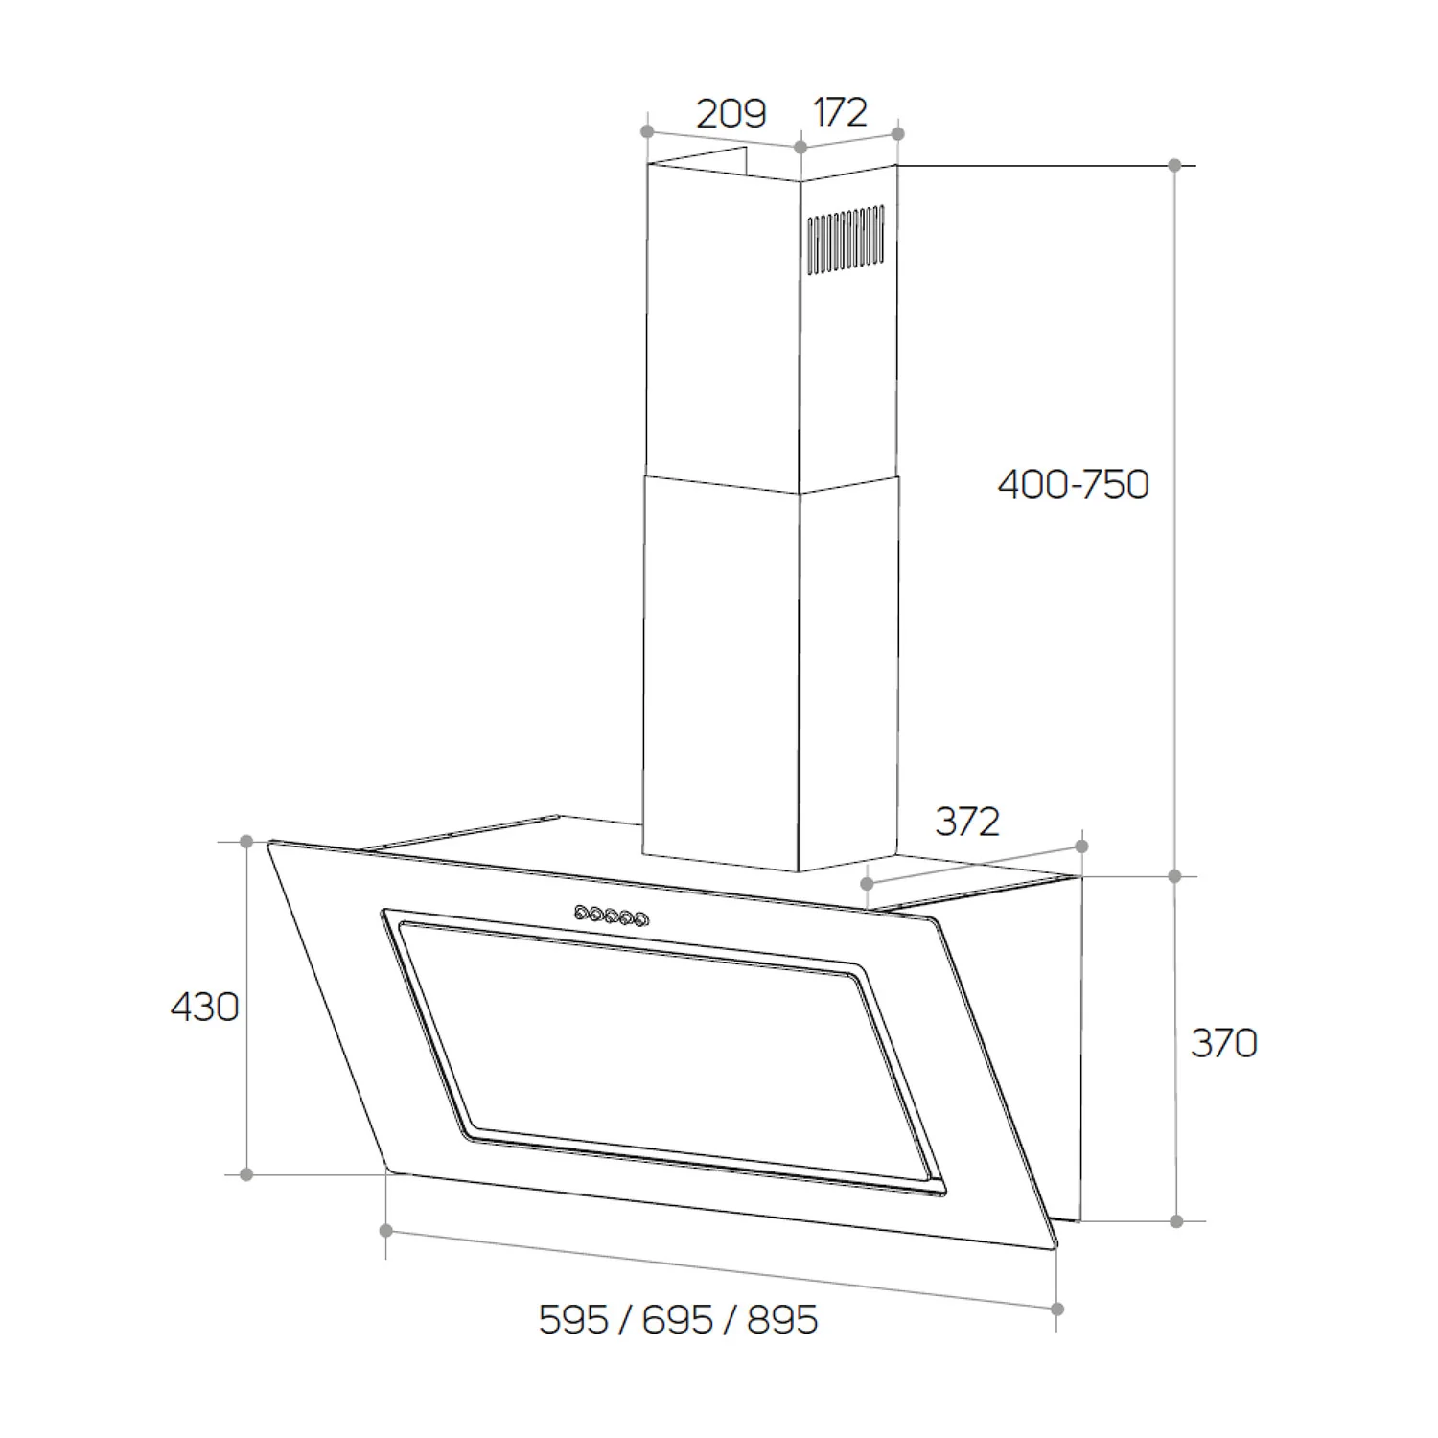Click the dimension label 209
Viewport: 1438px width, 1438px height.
(731, 114)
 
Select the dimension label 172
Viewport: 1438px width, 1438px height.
(841, 112)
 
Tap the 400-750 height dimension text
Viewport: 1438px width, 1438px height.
(1073, 484)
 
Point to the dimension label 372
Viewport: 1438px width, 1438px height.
(967, 822)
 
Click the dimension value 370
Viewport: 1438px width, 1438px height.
(1224, 1042)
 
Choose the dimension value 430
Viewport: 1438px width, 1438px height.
(204, 1008)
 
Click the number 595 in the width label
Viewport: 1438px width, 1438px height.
(573, 1320)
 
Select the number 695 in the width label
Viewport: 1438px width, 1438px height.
(678, 1320)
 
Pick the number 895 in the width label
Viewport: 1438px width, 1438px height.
(782, 1320)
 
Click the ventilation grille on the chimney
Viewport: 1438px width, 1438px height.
(845, 240)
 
